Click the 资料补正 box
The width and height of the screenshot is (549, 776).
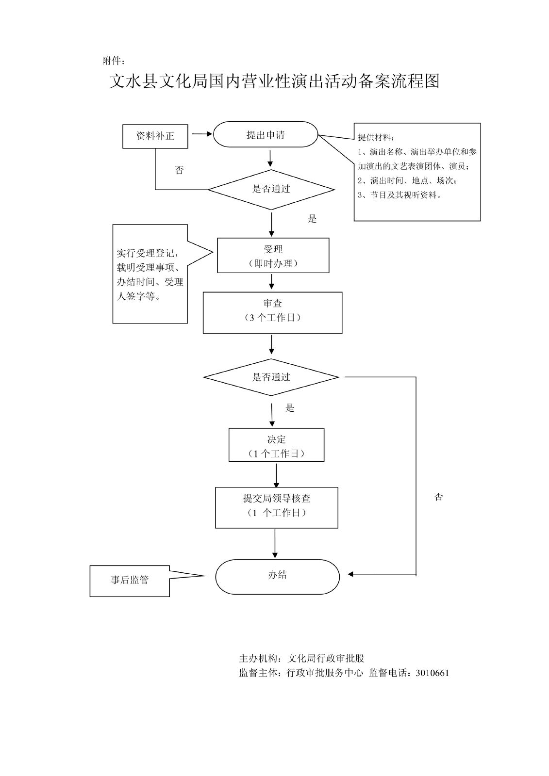(155, 136)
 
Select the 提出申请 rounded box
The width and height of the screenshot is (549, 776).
(266, 135)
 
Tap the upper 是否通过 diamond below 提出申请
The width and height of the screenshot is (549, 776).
(271, 189)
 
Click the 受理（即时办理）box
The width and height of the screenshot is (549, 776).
(273, 256)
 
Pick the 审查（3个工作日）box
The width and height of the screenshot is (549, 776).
(272, 312)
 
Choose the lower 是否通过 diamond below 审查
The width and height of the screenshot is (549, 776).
(271, 377)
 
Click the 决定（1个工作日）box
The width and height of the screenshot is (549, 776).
(276, 445)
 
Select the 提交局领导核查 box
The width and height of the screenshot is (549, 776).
(277, 507)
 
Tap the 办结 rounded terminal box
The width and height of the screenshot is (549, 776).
(277, 576)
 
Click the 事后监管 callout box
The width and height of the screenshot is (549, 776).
(130, 581)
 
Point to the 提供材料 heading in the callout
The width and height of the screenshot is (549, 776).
(376, 137)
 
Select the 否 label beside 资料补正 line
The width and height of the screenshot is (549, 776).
(179, 170)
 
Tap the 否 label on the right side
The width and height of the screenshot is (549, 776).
(439, 497)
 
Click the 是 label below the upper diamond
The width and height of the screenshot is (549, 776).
(312, 219)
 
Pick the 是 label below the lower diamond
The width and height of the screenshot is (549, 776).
(290, 408)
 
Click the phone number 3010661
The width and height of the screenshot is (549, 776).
(432, 673)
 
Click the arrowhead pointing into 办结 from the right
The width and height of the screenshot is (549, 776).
(351, 575)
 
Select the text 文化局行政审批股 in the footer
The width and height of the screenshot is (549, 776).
(326, 658)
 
